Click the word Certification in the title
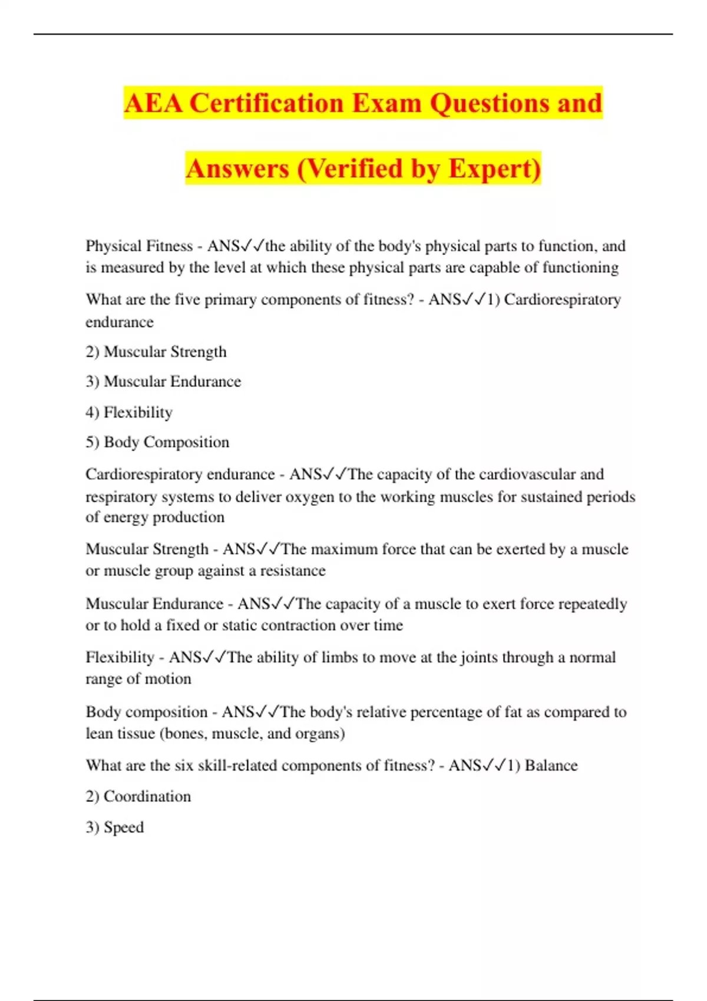267,104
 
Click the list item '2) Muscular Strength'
156,352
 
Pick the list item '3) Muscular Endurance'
163,382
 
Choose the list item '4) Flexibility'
129,412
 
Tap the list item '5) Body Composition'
157,442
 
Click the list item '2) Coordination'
138,797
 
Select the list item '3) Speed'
115,827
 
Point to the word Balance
551,765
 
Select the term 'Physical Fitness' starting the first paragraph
139,246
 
